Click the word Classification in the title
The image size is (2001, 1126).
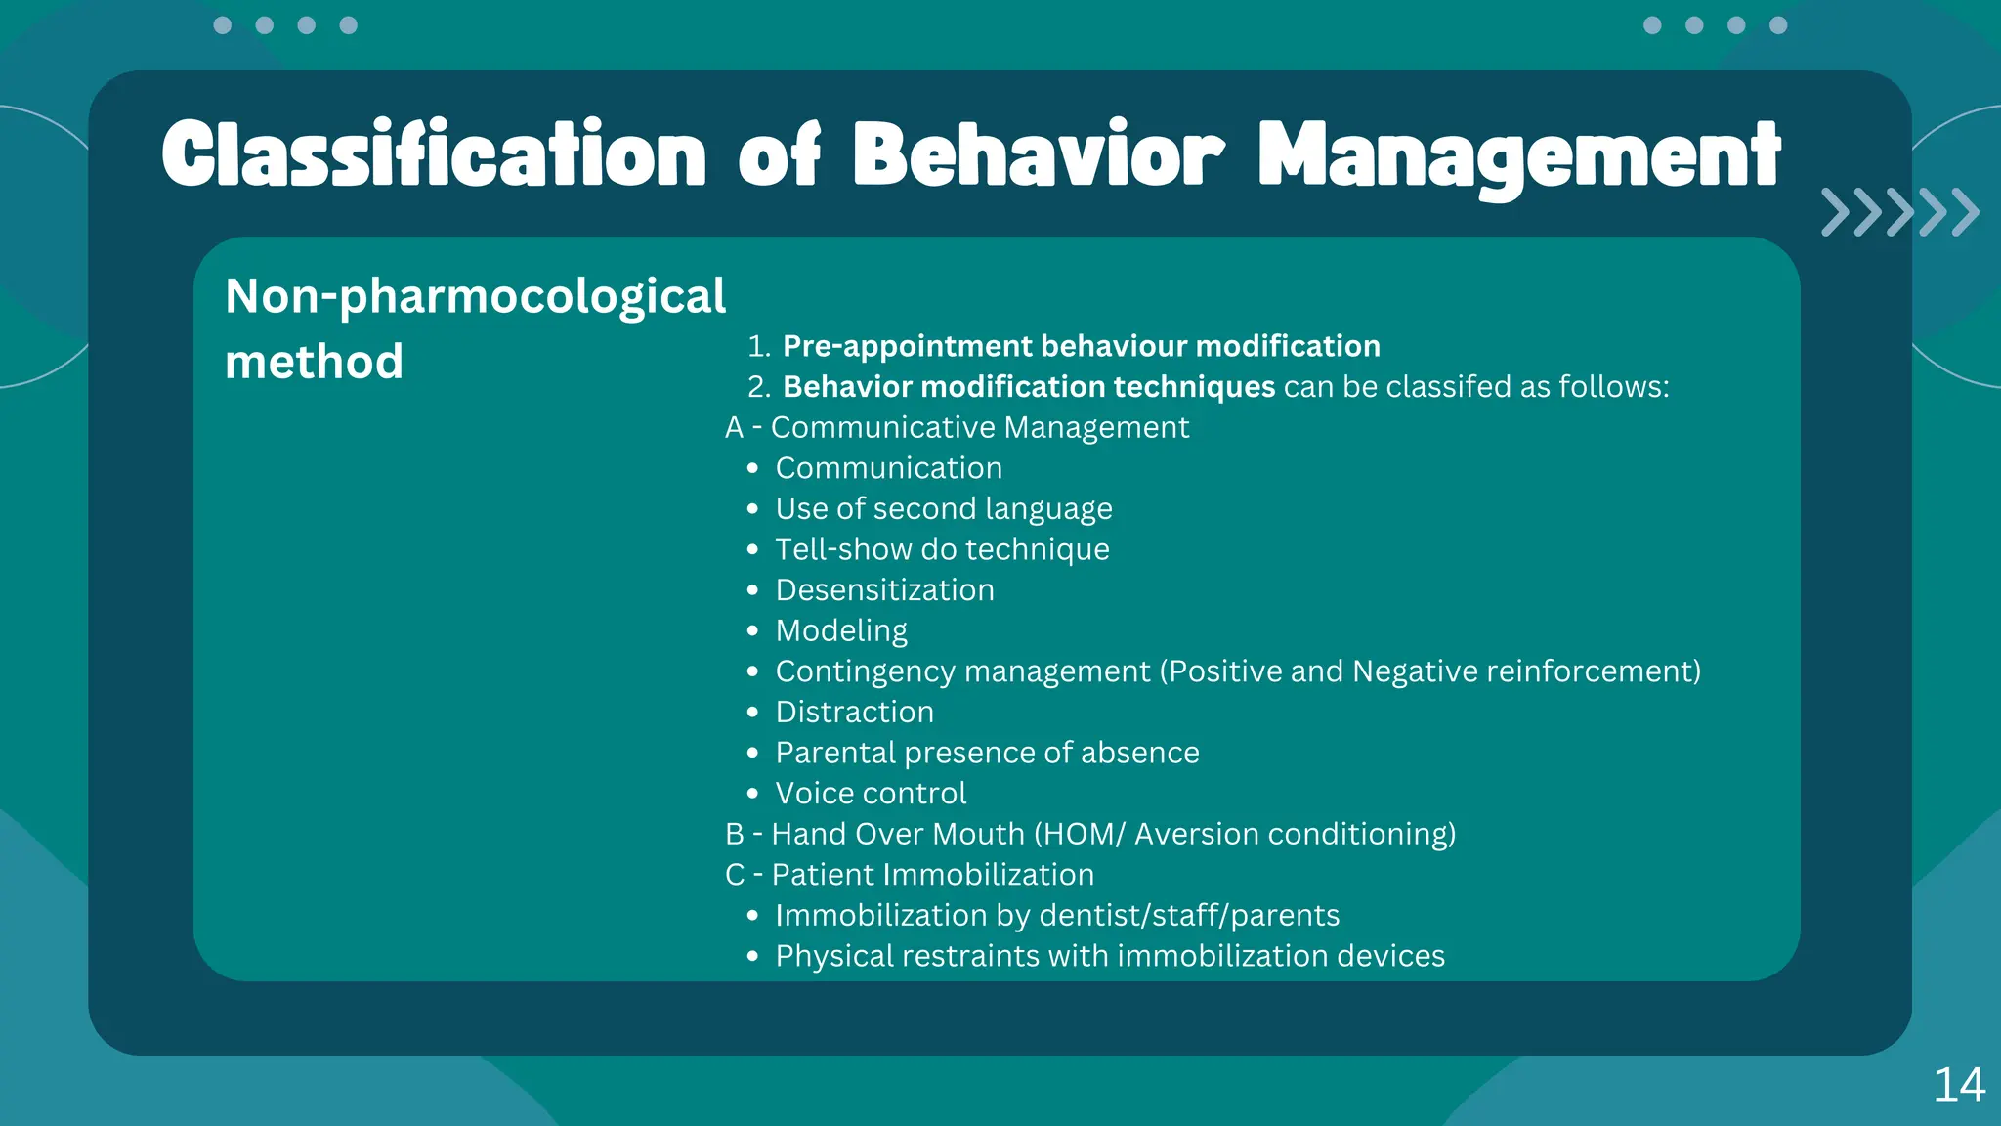pos(433,154)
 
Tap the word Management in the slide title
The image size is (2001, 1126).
pos(1519,156)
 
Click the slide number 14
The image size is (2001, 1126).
pos(1958,1085)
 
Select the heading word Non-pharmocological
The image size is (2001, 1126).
pos(475,296)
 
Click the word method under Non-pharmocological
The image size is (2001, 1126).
pos(314,362)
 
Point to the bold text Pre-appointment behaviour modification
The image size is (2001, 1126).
pos(1081,346)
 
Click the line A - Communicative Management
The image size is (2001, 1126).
pos(957,427)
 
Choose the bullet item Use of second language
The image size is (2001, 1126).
pos(943,508)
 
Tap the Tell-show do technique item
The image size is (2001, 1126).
pos(942,549)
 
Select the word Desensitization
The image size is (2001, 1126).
pos(884,590)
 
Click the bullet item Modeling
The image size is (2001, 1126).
pos(841,630)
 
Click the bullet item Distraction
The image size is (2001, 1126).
pos(854,712)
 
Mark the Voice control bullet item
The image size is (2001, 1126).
pos(870,793)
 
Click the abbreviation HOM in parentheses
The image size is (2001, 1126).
pos(1080,834)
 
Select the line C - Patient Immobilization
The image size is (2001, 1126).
pos(909,874)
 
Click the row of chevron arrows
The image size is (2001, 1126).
pos(1898,212)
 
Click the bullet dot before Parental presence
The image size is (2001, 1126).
pos(752,753)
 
